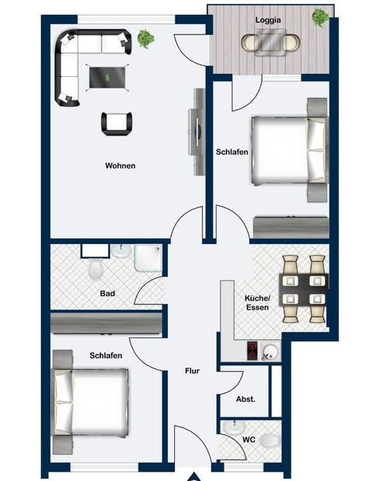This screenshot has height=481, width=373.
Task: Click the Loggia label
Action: pyautogui.click(x=268, y=20)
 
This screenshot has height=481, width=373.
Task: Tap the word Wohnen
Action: pyautogui.click(x=120, y=166)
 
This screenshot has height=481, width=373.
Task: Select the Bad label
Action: pyautogui.click(x=108, y=294)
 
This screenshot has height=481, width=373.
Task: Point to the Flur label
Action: pyautogui.click(x=193, y=371)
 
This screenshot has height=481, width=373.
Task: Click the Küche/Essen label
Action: pyautogui.click(x=258, y=303)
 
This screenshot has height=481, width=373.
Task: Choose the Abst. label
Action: pyautogui.click(x=246, y=399)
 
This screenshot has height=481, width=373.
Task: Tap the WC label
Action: pyautogui.click(x=249, y=440)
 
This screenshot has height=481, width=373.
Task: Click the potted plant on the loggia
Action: pyautogui.click(x=320, y=17)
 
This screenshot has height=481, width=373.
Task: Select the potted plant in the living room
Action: pyautogui.click(x=146, y=39)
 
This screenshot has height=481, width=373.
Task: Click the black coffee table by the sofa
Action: pyautogui.click(x=107, y=77)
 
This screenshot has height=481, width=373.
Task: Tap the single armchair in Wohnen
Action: pyautogui.click(x=117, y=124)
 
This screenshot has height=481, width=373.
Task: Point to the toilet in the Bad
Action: pyautogui.click(x=95, y=270)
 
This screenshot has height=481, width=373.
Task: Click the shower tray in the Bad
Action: pyautogui.click(x=148, y=258)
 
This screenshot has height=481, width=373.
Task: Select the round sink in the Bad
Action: pyautogui.click(x=121, y=251)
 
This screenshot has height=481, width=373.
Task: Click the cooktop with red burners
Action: pyautogui.click(x=253, y=350)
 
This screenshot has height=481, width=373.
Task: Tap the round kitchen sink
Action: pyautogui.click(x=270, y=351)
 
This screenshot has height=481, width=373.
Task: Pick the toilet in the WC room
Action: pyautogui.click(x=270, y=441)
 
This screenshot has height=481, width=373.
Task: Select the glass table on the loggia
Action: pyautogui.click(x=270, y=42)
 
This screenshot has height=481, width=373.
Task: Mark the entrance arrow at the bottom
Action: pyautogui.click(x=193, y=477)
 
